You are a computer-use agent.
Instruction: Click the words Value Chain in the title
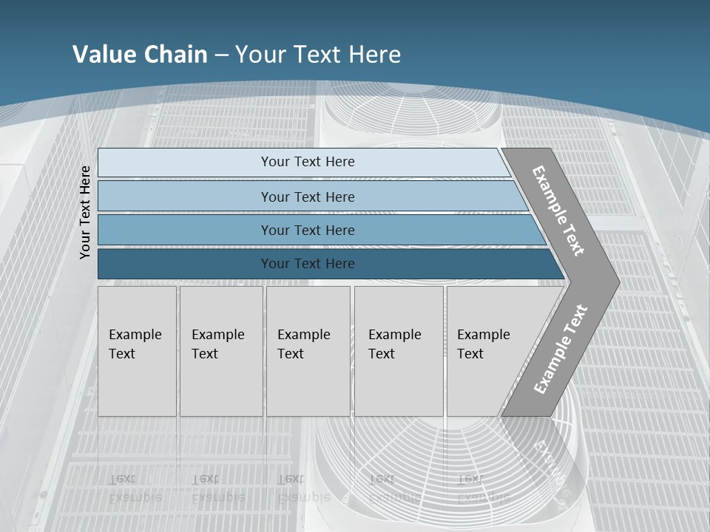pyautogui.click(x=140, y=55)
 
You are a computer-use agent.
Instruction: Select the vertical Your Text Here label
pyautogui.click(x=85, y=212)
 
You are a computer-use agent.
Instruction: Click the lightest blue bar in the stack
pyautogui.click(x=308, y=162)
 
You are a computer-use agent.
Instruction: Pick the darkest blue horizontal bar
pyautogui.click(x=308, y=264)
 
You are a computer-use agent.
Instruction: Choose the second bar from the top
pyautogui.click(x=308, y=197)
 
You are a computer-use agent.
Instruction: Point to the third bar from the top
pyautogui.click(x=308, y=230)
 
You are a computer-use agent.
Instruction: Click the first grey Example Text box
pyautogui.click(x=137, y=351)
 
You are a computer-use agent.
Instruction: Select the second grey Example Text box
pyautogui.click(x=221, y=351)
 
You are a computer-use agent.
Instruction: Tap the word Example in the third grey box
pyautogui.click(x=303, y=335)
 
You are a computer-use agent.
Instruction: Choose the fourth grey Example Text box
pyautogui.click(x=399, y=351)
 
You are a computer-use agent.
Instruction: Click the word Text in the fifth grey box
pyautogui.click(x=470, y=354)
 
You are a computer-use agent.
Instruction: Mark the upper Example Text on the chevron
pyautogui.click(x=558, y=211)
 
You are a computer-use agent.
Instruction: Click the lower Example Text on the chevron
pyautogui.click(x=561, y=349)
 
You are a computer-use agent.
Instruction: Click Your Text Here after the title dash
pyautogui.click(x=318, y=55)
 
